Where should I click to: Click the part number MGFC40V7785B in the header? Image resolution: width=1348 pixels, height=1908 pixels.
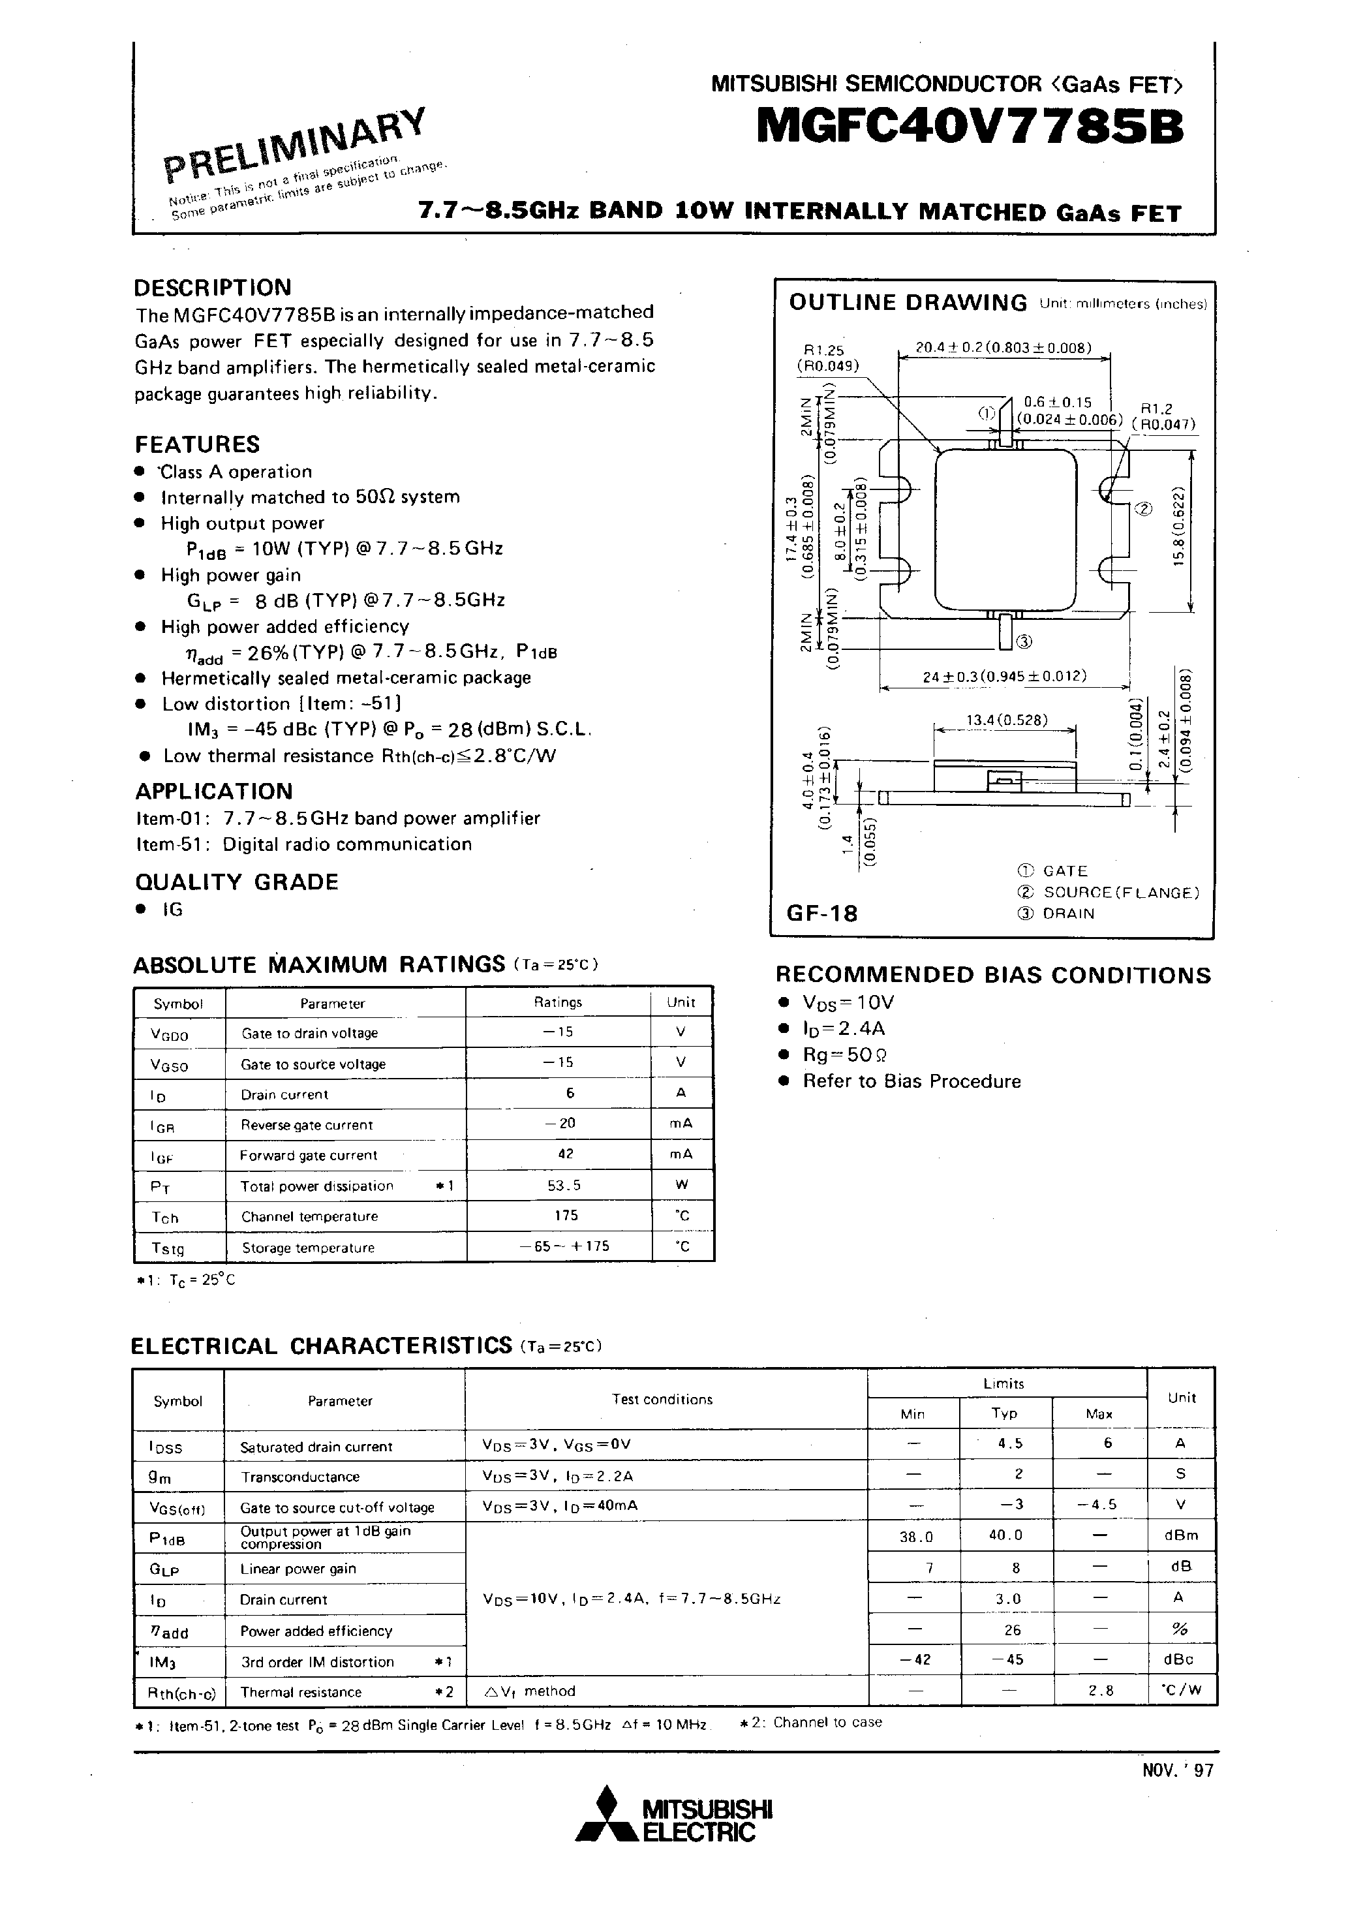969,129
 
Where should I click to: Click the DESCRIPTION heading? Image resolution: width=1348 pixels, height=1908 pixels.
213,288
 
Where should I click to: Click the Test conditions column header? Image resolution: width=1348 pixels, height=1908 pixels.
662,1400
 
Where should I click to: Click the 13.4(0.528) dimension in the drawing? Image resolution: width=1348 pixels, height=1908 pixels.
1006,720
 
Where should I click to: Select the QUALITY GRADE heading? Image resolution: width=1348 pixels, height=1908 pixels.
237,882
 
